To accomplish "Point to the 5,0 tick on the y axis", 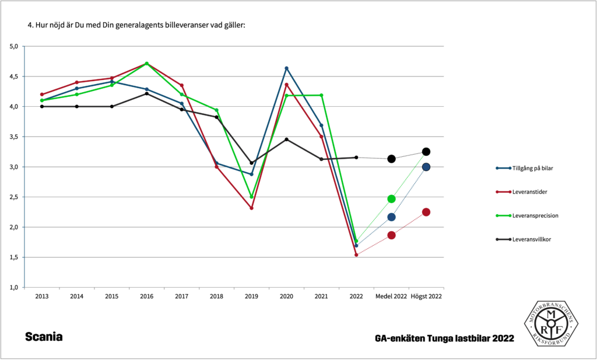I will pyautogui.click(x=15, y=46).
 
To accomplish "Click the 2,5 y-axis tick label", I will pyautogui.click(x=15, y=197).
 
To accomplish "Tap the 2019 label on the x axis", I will pyautogui.click(x=251, y=296).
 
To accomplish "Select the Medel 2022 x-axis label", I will pyautogui.click(x=391, y=296).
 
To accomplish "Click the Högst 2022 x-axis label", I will pyautogui.click(x=426, y=296).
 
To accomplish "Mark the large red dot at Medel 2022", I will pyautogui.click(x=391, y=235).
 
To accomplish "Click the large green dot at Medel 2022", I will pyautogui.click(x=391, y=199).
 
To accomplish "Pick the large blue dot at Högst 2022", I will pyautogui.click(x=426, y=167).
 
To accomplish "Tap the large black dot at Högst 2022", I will pyautogui.click(x=426, y=152).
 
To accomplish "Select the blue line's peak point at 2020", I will pyautogui.click(x=286, y=68).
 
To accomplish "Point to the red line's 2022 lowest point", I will pyautogui.click(x=356, y=255).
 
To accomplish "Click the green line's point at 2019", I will pyautogui.click(x=251, y=197).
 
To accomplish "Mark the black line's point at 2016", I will pyautogui.click(x=146, y=93).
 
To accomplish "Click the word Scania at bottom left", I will pyautogui.click(x=44, y=337).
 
